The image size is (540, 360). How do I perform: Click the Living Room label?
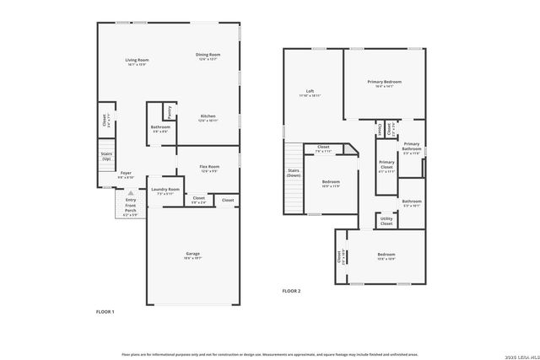click(137, 59)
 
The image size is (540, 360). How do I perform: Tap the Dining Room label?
click(208, 55)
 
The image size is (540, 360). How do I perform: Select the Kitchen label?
click(208, 116)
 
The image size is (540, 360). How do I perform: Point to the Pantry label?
click(170, 110)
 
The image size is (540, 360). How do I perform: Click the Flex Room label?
click(209, 167)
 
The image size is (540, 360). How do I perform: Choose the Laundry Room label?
click(165, 190)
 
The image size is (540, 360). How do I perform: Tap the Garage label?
click(193, 253)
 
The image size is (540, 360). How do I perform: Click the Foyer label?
click(125, 173)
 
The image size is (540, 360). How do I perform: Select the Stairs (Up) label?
click(106, 157)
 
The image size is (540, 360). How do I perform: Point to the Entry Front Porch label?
click(131, 206)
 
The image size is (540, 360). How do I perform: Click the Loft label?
click(310, 91)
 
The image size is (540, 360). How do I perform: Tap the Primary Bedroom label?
click(384, 82)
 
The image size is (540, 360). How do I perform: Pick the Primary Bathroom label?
click(412, 146)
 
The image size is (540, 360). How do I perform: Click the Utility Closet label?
click(386, 221)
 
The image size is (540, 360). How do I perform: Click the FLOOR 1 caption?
click(105, 312)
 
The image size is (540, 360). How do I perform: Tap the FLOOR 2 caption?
click(291, 291)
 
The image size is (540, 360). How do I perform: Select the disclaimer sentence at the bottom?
click(270, 355)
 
